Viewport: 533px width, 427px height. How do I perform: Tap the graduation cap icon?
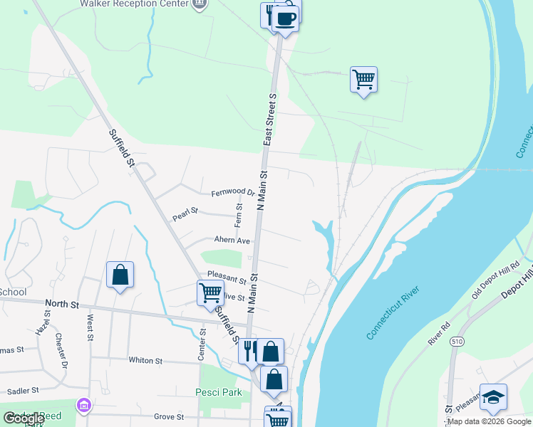[492, 398]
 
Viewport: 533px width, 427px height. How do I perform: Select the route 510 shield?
[455, 342]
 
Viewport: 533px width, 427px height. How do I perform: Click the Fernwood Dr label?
[232, 193]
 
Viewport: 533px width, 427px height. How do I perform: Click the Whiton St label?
[145, 360]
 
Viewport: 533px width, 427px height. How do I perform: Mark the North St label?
[61, 304]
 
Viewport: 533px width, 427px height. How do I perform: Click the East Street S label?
[269, 118]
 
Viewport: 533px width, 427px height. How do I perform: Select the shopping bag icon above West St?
[120, 275]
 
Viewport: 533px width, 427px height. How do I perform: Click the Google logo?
[24, 418]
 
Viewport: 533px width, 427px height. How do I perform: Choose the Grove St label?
[169, 416]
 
